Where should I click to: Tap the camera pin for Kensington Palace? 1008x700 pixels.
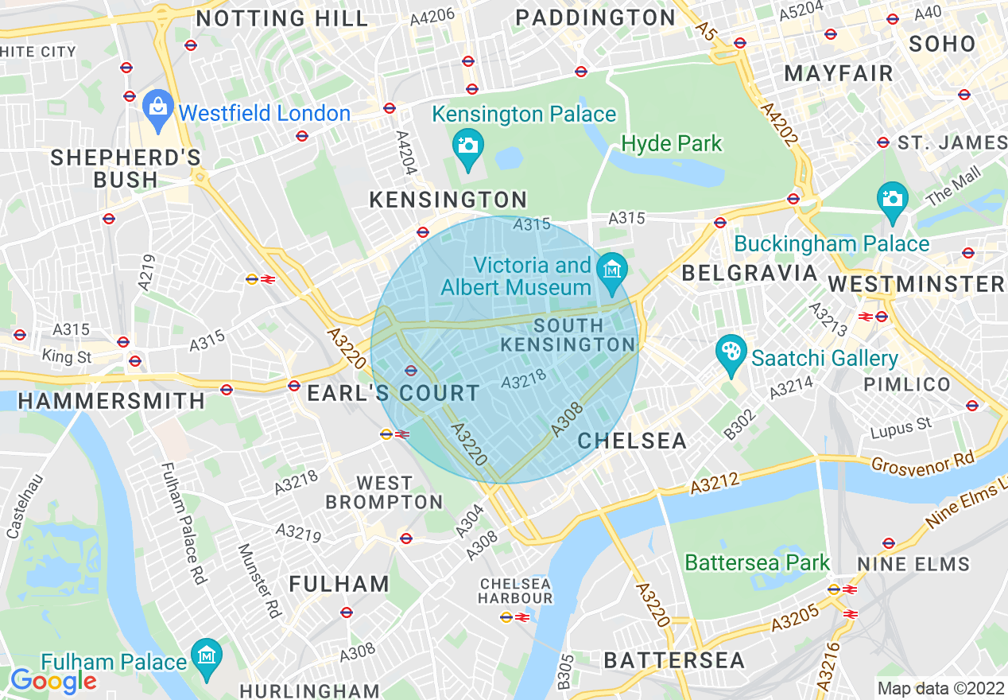pos(468,146)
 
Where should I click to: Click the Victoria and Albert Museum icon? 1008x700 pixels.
pos(612,268)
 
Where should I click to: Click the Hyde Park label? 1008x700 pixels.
pos(672,144)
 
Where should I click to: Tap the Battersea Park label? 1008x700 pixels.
pos(757,563)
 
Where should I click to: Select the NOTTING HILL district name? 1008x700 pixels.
pos(282,18)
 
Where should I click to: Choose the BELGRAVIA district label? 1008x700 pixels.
pos(750,274)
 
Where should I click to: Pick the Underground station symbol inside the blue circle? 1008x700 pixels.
pos(411,370)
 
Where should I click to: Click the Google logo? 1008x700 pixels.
pos(52,681)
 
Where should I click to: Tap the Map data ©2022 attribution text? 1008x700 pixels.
pos(940,688)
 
